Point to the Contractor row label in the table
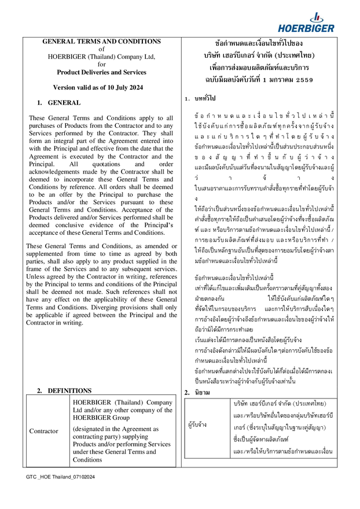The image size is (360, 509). tap(45, 431)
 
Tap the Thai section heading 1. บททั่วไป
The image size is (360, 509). tap(199, 99)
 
